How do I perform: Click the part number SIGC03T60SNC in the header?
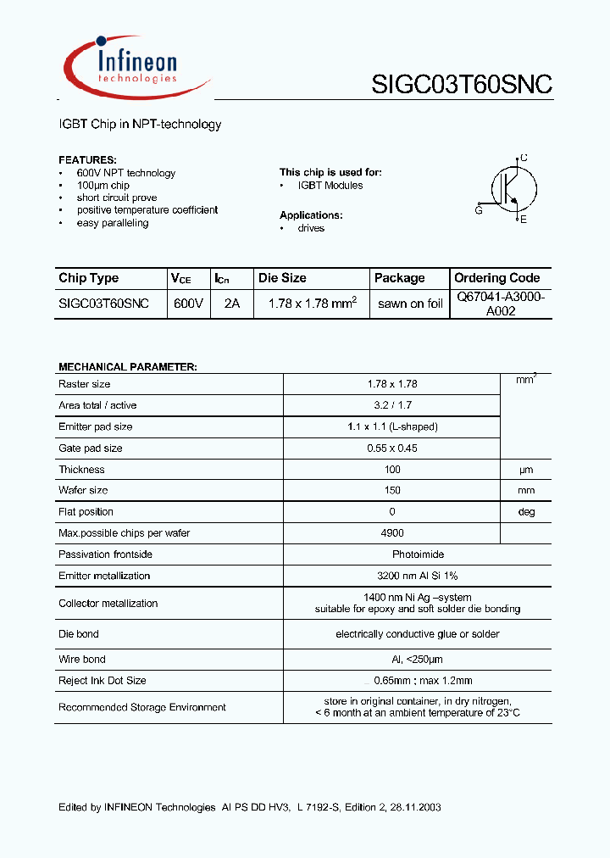(x=462, y=85)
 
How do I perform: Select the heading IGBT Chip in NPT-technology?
(x=140, y=125)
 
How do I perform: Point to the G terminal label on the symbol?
(x=479, y=210)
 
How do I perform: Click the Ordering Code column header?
(x=496, y=278)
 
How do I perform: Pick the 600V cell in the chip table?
(x=188, y=304)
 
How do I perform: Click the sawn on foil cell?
(x=410, y=304)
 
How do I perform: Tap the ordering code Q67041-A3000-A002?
(x=501, y=304)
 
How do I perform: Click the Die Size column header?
(x=282, y=278)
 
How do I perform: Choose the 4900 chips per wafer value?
(x=392, y=533)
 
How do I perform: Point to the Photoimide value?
(x=392, y=554)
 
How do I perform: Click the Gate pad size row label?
(x=90, y=448)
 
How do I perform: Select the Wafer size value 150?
(x=392, y=491)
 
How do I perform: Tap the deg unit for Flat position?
(x=526, y=512)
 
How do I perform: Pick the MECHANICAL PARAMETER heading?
(x=127, y=367)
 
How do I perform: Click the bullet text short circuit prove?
(x=117, y=198)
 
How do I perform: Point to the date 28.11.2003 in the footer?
(x=414, y=808)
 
